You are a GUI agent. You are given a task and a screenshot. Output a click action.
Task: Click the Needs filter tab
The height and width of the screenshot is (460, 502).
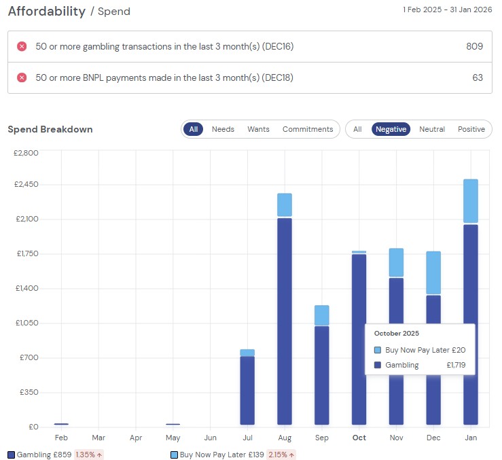click(x=223, y=129)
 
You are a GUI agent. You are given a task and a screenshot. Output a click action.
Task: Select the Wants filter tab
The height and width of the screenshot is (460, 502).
click(x=258, y=129)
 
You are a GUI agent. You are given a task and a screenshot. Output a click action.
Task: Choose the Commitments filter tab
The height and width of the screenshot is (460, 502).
click(x=308, y=129)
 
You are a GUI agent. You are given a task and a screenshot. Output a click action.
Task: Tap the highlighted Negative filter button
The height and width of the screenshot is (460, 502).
click(x=391, y=129)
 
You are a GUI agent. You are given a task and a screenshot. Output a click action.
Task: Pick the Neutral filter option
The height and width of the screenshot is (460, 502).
click(x=432, y=129)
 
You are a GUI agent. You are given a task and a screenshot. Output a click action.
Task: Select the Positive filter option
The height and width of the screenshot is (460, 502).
click(x=471, y=129)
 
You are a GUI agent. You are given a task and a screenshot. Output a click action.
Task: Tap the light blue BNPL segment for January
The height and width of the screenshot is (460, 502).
click(x=470, y=201)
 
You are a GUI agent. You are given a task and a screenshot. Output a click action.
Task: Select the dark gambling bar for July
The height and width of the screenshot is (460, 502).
click(x=247, y=390)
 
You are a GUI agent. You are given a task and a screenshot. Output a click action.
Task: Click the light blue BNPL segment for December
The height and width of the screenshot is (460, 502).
click(x=433, y=272)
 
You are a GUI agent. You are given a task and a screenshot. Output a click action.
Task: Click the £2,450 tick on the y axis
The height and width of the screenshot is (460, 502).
click(x=26, y=185)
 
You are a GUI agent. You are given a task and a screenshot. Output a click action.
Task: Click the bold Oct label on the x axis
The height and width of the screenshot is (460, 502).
click(x=359, y=438)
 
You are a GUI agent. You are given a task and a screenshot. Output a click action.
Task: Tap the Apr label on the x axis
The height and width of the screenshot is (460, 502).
click(x=136, y=438)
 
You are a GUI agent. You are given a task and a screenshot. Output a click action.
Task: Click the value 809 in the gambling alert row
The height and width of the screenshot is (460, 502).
click(x=475, y=46)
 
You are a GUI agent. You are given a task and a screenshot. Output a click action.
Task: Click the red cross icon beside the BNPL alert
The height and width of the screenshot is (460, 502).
click(x=22, y=77)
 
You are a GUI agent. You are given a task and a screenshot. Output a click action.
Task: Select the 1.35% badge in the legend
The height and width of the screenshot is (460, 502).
click(x=88, y=454)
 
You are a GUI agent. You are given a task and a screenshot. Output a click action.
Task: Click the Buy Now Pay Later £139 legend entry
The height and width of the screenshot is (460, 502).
click(x=217, y=454)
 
